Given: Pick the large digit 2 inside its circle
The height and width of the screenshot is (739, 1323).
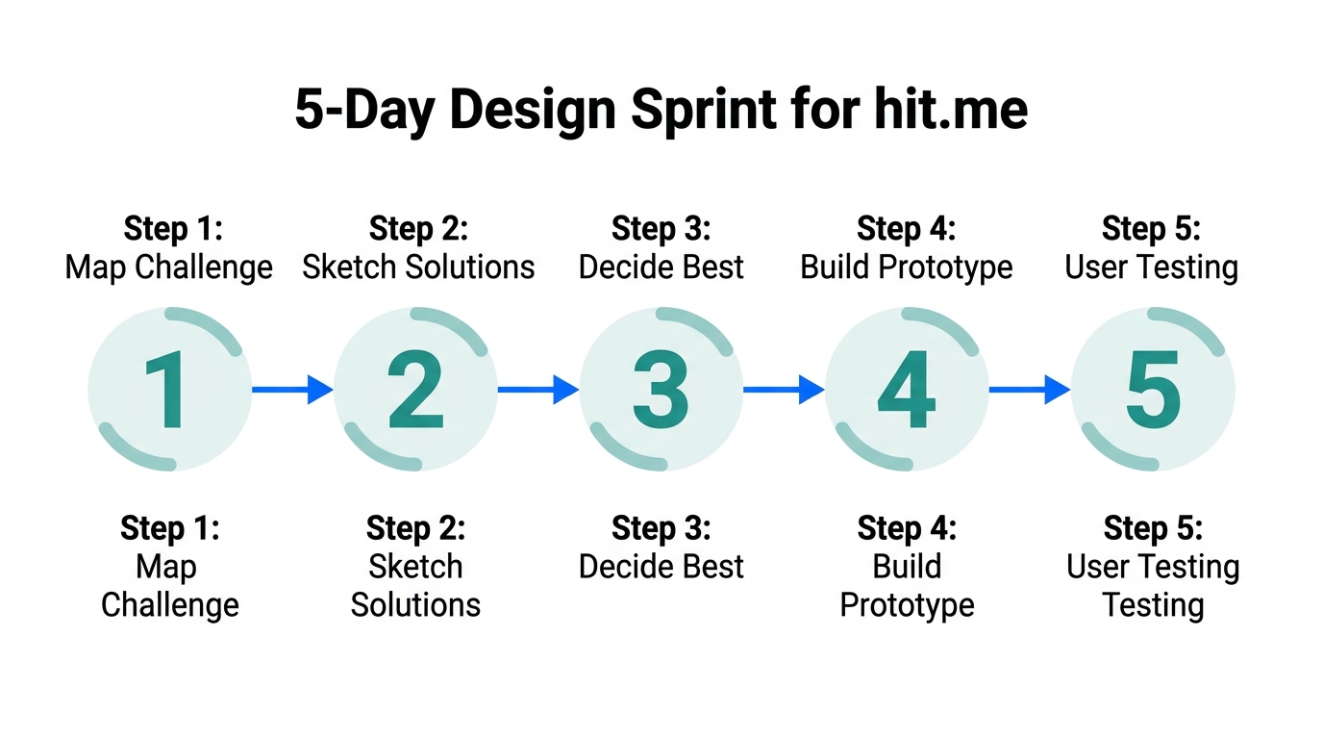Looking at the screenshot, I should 415,390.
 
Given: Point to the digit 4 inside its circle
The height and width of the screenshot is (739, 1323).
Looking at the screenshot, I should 907,390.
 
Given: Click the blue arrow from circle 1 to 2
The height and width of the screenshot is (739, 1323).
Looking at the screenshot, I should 291,390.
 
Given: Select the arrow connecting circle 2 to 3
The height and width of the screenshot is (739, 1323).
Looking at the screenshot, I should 537,390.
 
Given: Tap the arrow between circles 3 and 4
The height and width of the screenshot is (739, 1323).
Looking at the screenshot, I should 783,390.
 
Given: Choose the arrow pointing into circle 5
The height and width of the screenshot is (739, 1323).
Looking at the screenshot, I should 1029,390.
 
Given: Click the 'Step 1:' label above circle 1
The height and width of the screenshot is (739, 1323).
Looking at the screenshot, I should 173,229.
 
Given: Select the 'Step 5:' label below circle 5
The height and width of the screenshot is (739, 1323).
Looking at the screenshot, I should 1153,528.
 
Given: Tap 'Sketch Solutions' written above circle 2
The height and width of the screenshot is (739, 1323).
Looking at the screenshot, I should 418,268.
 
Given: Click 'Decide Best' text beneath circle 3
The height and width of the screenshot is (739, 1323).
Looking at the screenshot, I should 661,567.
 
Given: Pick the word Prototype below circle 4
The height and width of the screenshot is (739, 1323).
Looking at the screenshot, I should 907,605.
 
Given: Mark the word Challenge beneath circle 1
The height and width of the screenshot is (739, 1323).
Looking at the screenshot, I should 170,605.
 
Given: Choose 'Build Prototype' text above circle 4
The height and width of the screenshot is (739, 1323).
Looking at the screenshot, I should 907,268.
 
